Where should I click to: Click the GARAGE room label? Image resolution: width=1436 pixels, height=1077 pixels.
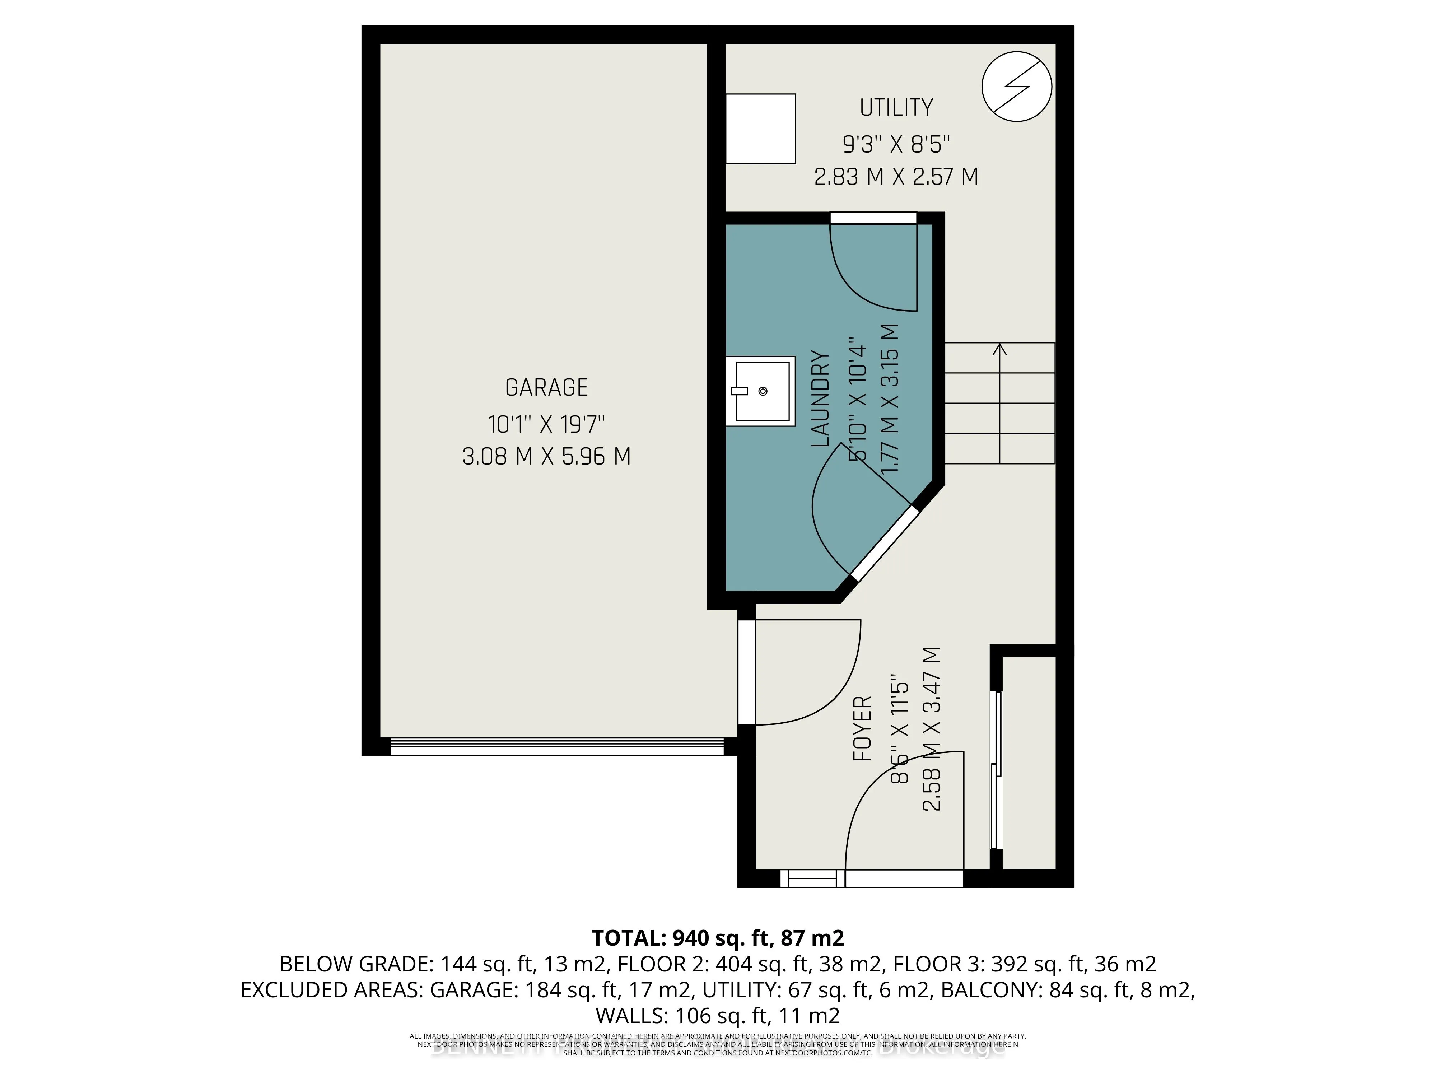coord(546,388)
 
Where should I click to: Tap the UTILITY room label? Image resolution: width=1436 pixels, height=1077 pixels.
coord(896,107)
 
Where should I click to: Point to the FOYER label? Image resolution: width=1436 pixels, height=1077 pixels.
coord(862,728)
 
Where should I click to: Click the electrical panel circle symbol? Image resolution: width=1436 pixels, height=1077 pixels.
coord(1017,87)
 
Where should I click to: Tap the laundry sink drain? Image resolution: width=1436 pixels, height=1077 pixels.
coord(763,391)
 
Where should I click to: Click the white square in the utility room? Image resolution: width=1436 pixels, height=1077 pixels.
coord(760,129)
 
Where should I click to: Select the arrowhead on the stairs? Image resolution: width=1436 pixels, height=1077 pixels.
coord(1000,350)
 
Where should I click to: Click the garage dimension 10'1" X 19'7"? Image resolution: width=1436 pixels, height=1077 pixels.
coord(546,425)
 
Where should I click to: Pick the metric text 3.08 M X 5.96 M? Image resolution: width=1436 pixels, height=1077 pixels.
coord(546,456)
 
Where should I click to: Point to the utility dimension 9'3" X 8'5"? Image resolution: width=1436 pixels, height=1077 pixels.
coord(896,144)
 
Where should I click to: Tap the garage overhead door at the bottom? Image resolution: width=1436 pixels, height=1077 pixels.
coord(557,747)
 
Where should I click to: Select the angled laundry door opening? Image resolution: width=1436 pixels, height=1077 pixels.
coord(886,543)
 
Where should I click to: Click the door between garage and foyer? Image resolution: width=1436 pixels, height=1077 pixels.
coord(747,672)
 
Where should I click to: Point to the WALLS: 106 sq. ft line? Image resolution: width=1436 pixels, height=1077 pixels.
coord(717,1015)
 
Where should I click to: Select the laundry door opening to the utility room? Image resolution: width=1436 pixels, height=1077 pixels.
coord(873,218)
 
